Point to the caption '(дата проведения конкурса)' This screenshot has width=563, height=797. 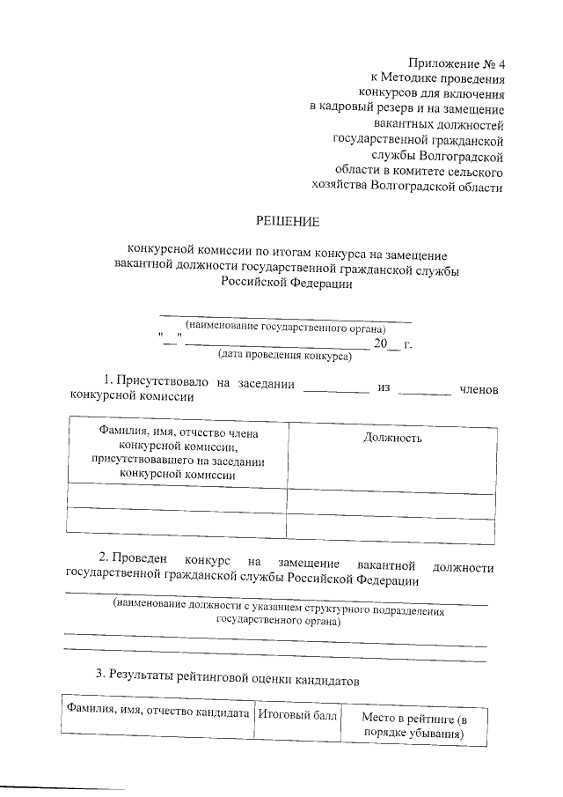click(283, 357)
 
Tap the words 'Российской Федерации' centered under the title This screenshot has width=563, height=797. click(283, 284)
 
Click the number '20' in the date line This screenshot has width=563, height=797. click(380, 343)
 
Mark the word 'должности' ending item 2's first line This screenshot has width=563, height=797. click(464, 569)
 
